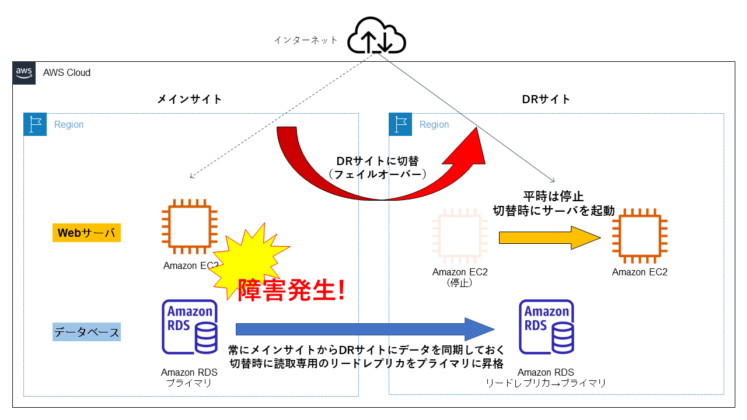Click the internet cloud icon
point(376,37)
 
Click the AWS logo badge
point(24,73)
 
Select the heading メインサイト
point(190,99)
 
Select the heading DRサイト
point(546,99)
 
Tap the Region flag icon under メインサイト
point(35,125)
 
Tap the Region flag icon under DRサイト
point(400,125)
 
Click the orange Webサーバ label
point(86,233)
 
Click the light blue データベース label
point(86,332)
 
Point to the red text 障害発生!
point(291,289)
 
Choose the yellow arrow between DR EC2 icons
point(549,237)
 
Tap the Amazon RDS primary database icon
point(190,327)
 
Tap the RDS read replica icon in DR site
point(546,327)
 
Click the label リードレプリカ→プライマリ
point(546,383)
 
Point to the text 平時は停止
point(553,196)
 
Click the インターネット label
point(306,40)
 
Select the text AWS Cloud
point(67,73)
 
